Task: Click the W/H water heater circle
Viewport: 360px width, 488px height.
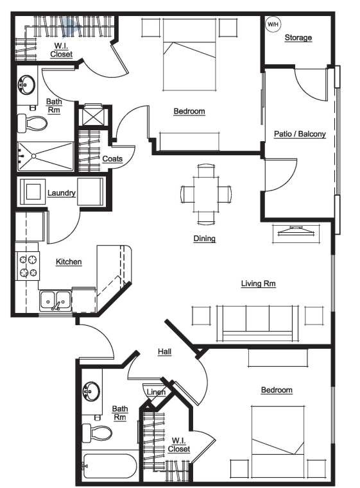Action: point(273,24)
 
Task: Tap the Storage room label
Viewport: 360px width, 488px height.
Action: point(298,38)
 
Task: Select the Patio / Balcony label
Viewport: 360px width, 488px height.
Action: point(300,134)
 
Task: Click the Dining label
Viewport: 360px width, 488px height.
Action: point(204,239)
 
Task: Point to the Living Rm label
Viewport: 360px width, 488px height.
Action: point(258,283)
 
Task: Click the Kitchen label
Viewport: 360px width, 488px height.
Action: point(69,262)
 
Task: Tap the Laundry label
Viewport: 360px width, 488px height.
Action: point(62,193)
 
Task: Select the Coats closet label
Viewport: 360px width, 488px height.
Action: point(112,159)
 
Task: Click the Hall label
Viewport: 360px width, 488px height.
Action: point(164,351)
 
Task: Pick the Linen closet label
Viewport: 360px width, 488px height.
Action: point(156,392)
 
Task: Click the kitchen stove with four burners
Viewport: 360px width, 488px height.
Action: point(28,265)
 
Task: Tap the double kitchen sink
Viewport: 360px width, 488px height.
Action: point(55,301)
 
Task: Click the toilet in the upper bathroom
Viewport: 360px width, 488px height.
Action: point(32,122)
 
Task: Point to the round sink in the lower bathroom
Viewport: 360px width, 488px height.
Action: point(91,391)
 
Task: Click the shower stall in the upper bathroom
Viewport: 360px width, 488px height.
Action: point(45,156)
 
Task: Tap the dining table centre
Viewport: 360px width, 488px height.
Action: point(205,194)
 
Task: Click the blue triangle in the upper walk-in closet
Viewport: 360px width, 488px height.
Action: point(69,26)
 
